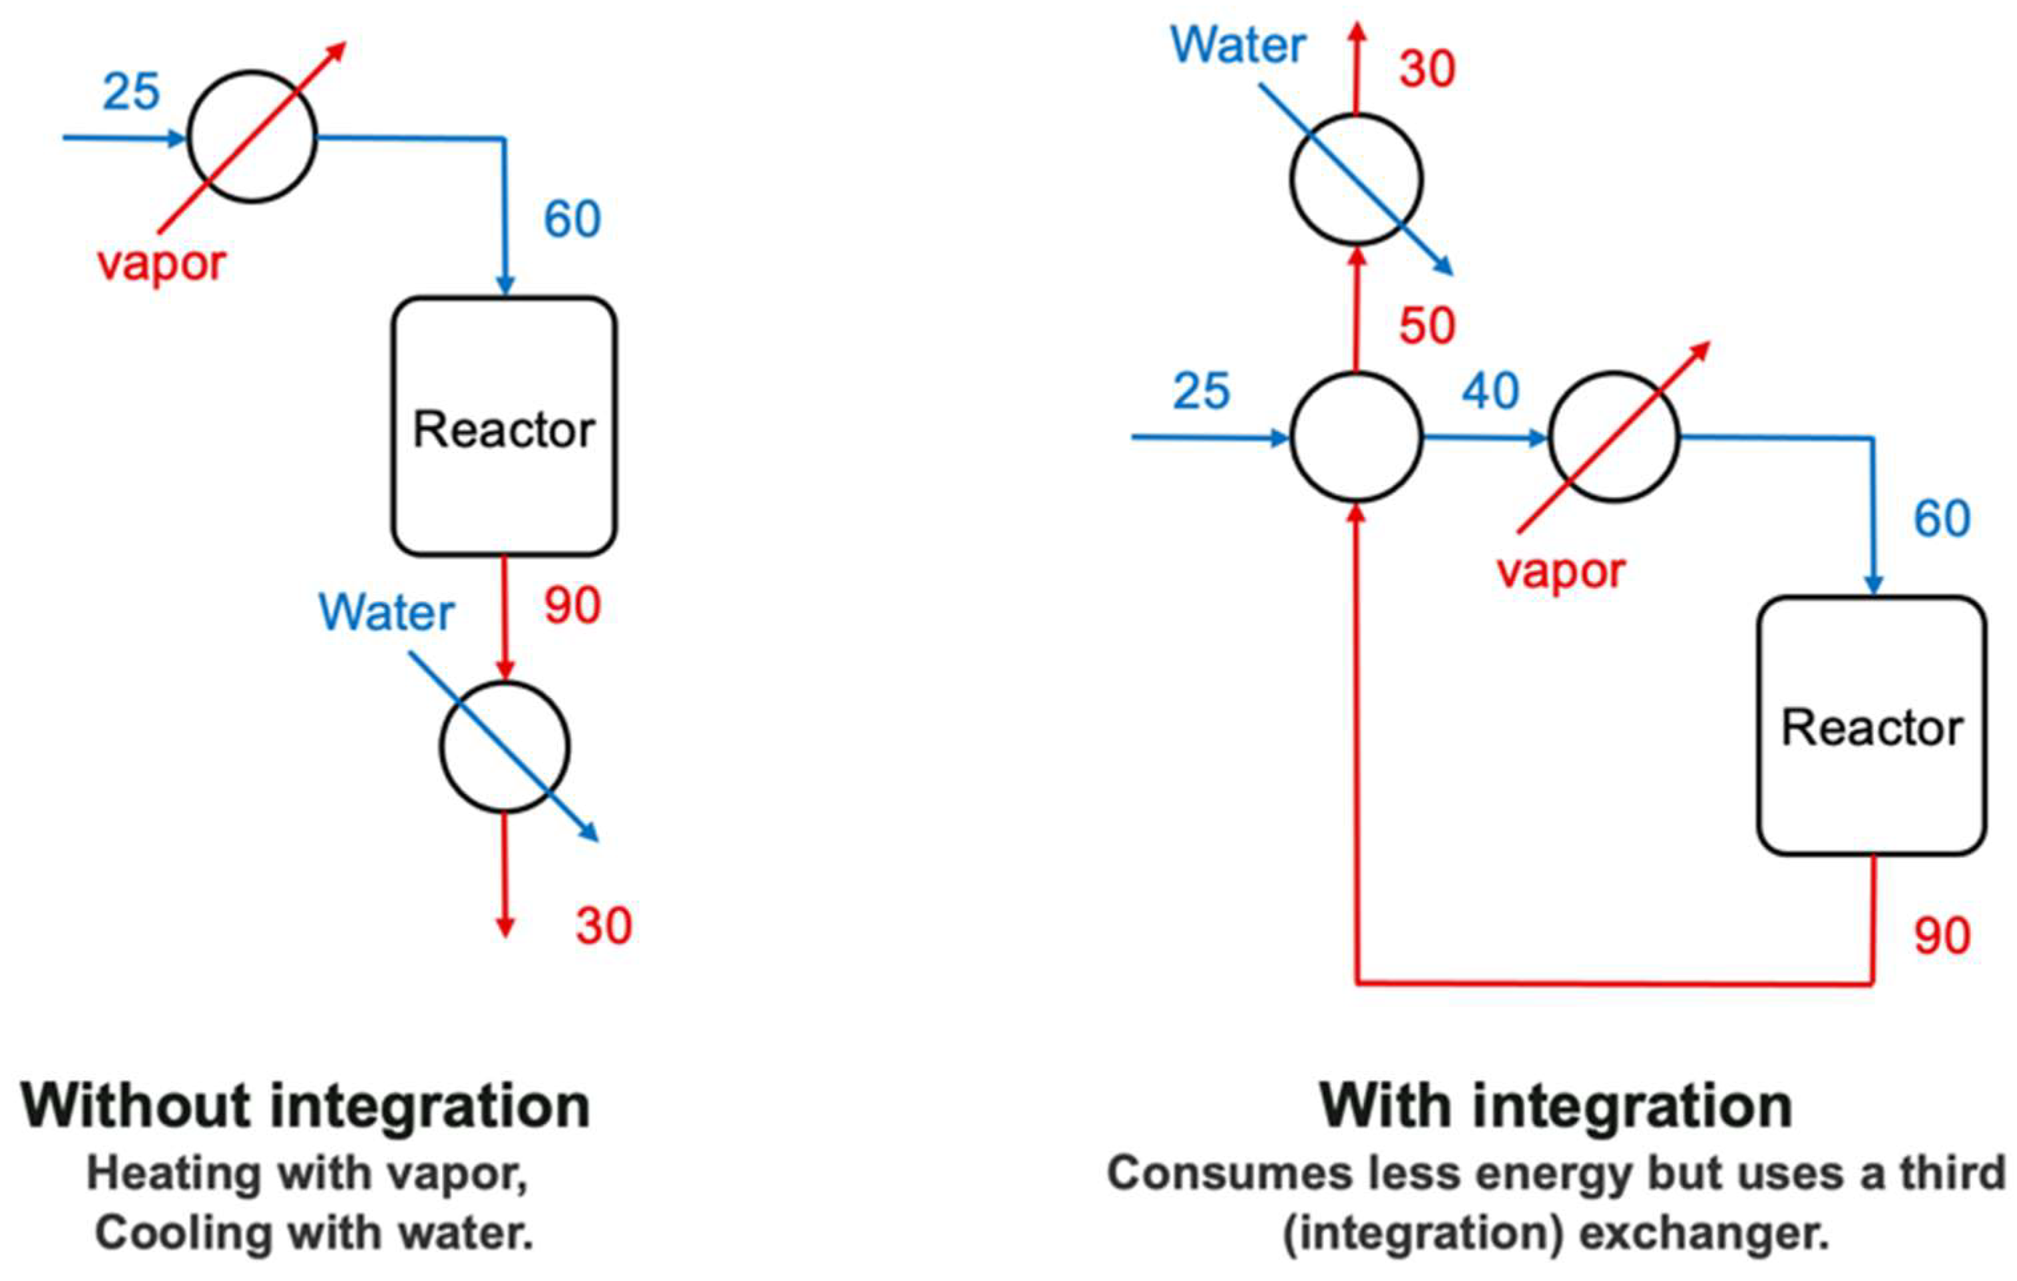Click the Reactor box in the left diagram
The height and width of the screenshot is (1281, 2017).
tap(505, 427)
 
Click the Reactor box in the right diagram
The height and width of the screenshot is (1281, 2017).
tap(1871, 727)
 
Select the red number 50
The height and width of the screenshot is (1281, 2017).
tap(1427, 325)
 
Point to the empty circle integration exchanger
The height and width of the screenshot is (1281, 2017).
tap(1356, 437)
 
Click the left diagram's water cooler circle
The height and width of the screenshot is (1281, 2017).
tap(505, 747)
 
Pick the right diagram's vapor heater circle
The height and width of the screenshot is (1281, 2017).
tap(1614, 437)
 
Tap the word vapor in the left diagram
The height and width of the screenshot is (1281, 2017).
tap(162, 264)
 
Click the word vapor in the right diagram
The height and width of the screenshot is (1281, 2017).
tap(1561, 572)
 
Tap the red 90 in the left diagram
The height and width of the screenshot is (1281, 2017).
tap(572, 606)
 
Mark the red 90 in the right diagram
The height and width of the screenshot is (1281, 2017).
tap(1942, 936)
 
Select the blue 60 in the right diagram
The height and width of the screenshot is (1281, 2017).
tap(1942, 518)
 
